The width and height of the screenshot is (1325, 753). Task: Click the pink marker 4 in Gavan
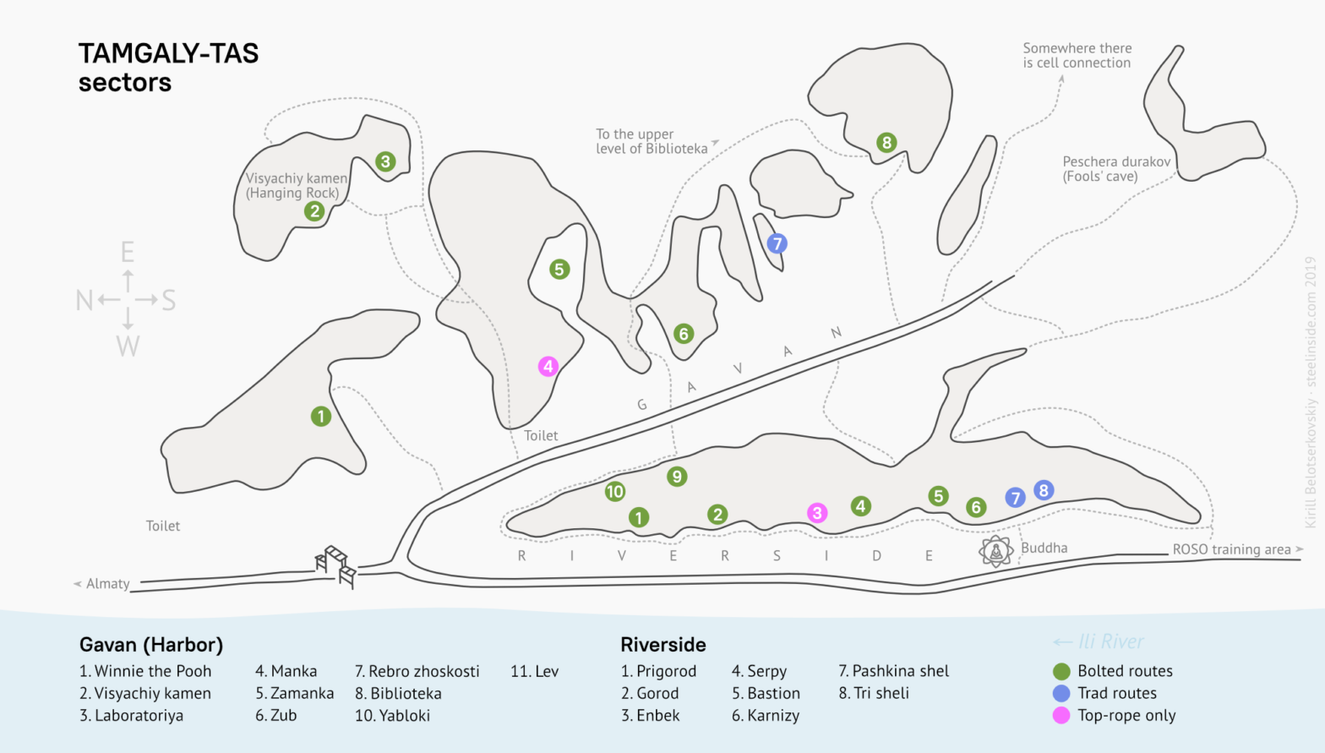(548, 366)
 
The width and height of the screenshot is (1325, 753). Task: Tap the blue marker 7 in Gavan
(777, 243)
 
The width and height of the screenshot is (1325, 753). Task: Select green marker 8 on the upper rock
(886, 142)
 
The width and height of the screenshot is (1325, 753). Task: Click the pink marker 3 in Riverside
(816, 513)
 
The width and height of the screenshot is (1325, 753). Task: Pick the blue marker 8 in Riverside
(1044, 490)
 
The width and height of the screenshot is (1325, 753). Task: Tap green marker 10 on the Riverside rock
(615, 491)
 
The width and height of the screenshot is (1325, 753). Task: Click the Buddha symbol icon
(996, 551)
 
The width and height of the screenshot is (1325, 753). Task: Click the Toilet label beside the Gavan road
(541, 435)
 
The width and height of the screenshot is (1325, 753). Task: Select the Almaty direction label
(107, 583)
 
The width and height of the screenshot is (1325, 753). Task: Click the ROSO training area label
(1231, 549)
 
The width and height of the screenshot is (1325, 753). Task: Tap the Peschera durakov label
(1116, 168)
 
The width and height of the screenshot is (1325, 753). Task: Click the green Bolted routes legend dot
(1061, 671)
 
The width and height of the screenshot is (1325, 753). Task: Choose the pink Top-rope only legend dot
(1061, 715)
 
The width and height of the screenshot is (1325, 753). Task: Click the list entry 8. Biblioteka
(398, 693)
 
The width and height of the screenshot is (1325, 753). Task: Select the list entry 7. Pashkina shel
(893, 671)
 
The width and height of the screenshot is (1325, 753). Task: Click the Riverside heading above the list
(662, 645)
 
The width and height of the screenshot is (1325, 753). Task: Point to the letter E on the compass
(128, 252)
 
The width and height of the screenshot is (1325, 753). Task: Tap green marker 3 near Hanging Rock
(385, 161)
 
